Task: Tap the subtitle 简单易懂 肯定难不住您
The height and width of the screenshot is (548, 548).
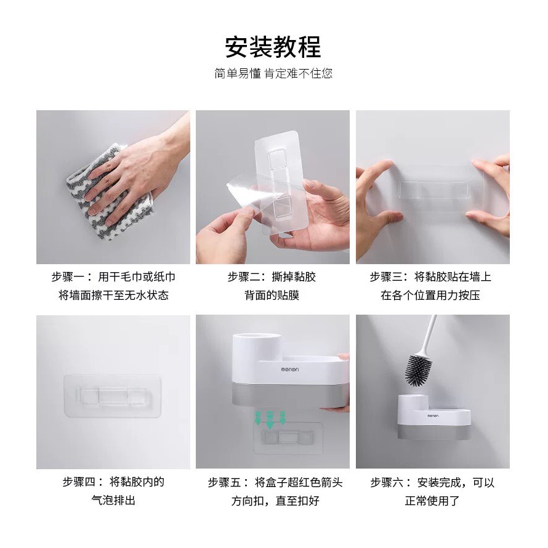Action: point(273,73)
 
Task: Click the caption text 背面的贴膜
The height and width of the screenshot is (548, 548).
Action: point(272,296)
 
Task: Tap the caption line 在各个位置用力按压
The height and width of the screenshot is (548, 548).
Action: point(430,296)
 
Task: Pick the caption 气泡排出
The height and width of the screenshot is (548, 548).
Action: point(113,500)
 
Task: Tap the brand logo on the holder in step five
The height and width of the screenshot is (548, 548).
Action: point(290,369)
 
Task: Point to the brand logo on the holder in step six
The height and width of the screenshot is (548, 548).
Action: point(433,416)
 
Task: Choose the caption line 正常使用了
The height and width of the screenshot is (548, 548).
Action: point(432,501)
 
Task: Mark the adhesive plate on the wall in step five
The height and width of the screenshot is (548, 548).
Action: point(288,438)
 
